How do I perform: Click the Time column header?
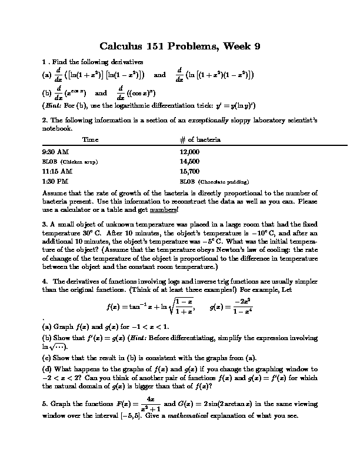coord(91,140)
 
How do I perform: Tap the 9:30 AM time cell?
coord(56,151)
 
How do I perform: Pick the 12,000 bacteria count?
coord(190,151)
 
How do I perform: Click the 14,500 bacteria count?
coord(190,161)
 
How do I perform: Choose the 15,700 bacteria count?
coord(190,171)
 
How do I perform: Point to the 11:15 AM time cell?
coord(58,171)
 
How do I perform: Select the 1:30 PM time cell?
coord(56,181)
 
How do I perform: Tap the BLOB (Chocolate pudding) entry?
coord(214,181)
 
